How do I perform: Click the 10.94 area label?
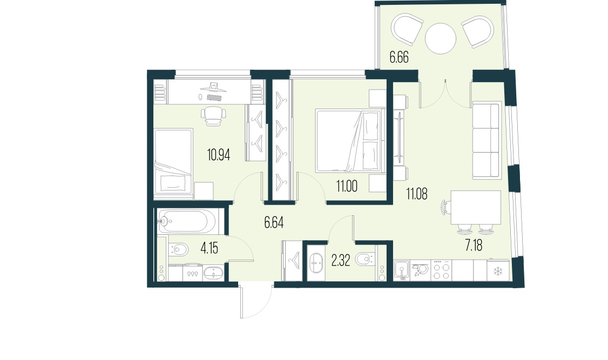click(219, 155)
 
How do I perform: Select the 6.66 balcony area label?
click(399, 58)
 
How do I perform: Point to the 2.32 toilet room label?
click(340, 262)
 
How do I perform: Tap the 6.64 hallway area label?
click(274, 222)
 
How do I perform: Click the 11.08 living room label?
click(416, 194)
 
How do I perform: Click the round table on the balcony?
click(442, 38)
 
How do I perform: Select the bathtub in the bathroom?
click(186, 221)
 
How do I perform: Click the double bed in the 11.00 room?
click(349, 140)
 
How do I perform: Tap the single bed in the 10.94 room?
click(173, 161)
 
